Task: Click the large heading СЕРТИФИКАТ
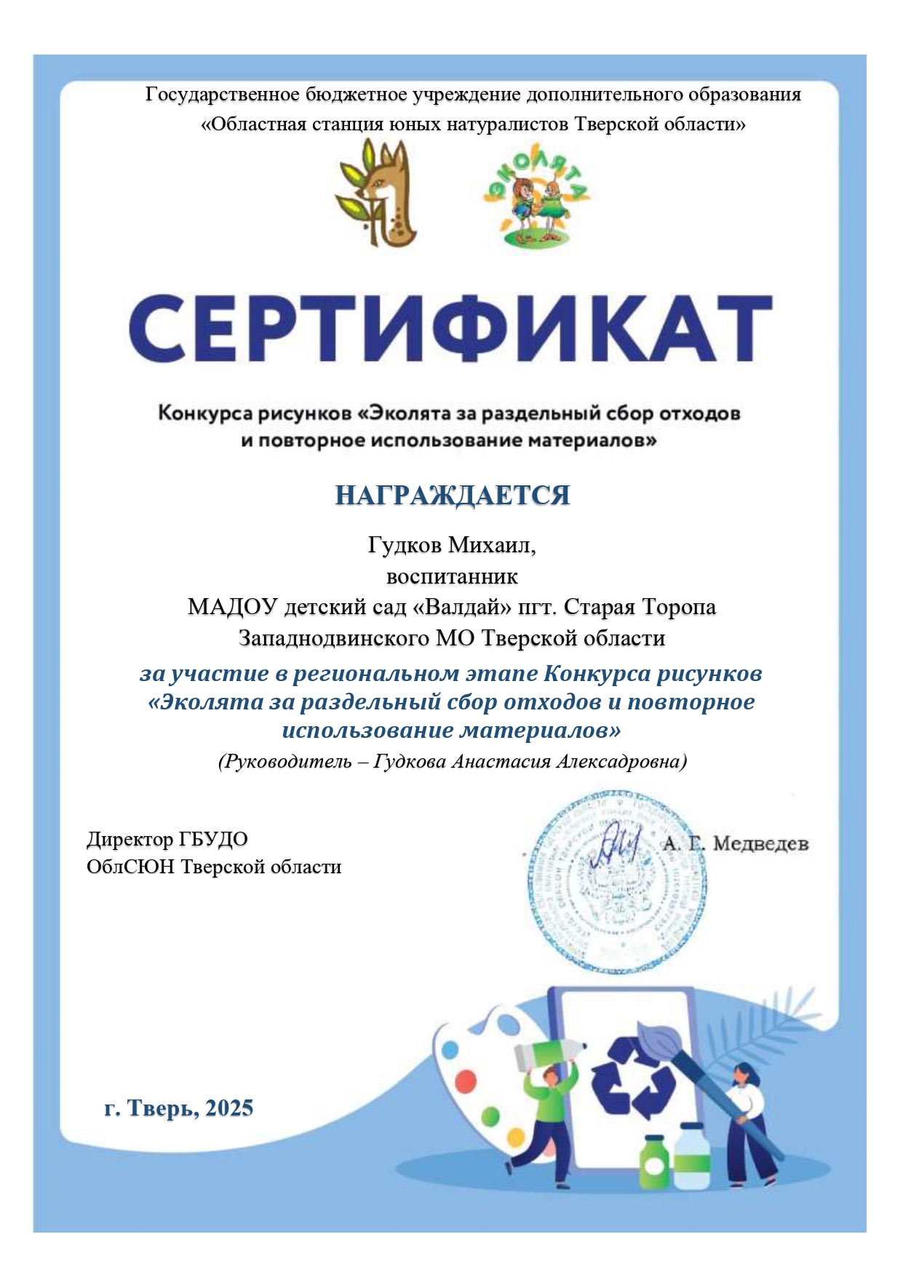450,330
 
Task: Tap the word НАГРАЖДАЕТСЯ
452,496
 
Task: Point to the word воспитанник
452,577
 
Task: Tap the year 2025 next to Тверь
228,1108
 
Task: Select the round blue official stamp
617,882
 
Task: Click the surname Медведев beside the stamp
760,844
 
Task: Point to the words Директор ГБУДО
167,839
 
